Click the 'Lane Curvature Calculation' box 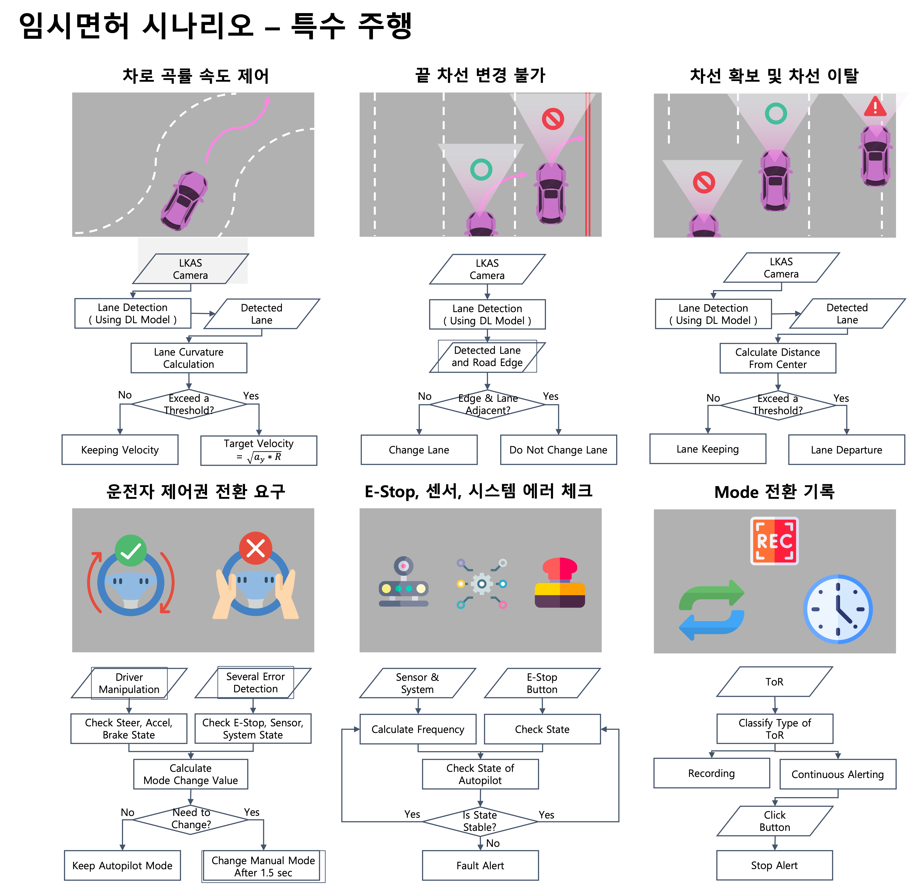click(189, 358)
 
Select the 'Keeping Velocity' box click(120, 449)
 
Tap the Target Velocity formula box click(259, 450)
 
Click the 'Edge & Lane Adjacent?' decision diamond click(487, 404)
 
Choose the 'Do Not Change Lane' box click(558, 449)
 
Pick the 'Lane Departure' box click(846, 449)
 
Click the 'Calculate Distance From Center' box click(777, 358)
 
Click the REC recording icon click(774, 541)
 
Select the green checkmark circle click(131, 551)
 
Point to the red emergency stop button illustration click(560, 582)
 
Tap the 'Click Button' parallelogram click(775, 821)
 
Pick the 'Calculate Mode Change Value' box click(191, 774)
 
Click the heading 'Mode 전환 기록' click(774, 491)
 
